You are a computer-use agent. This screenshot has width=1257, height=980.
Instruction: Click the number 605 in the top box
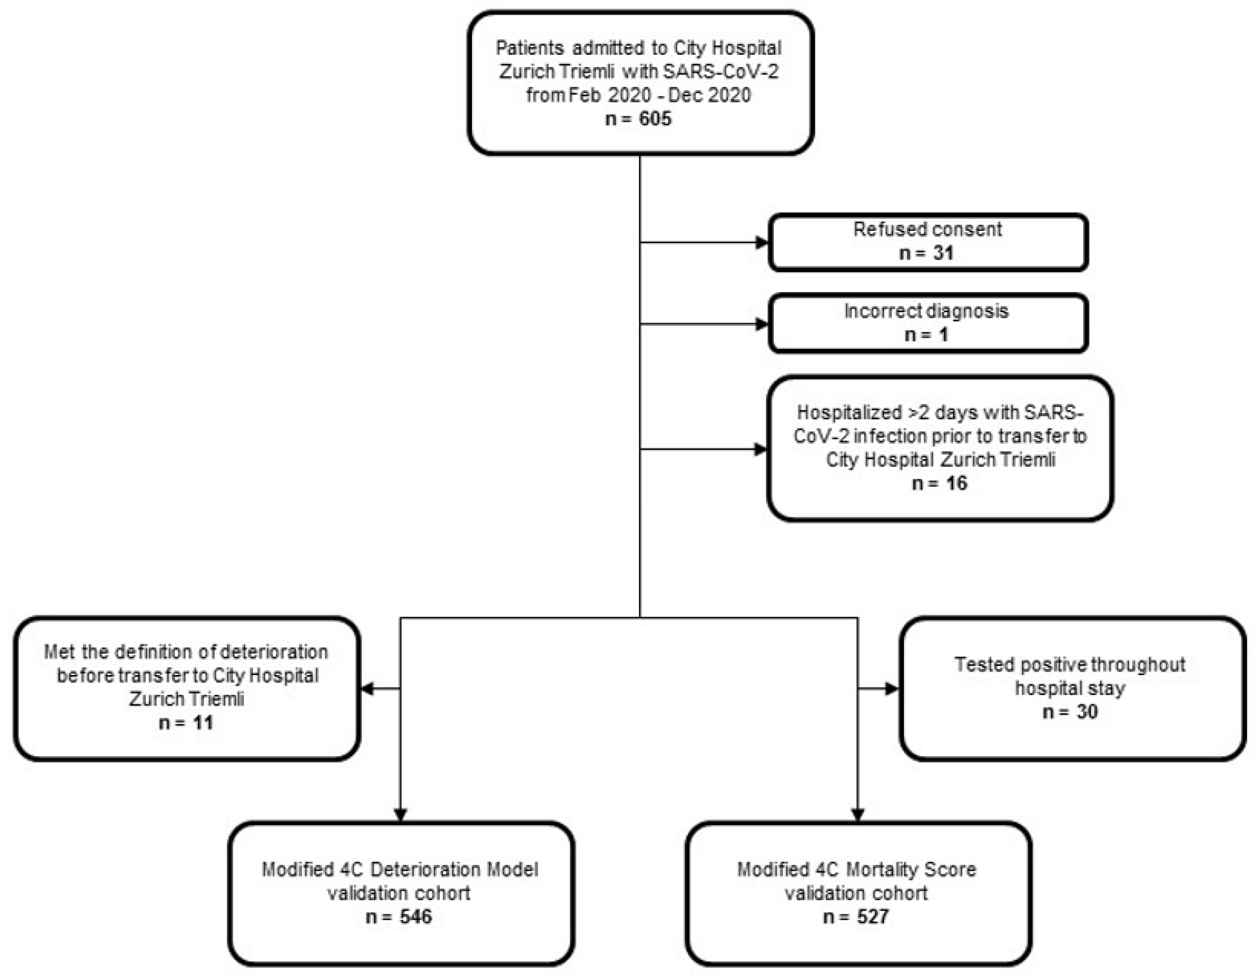(655, 118)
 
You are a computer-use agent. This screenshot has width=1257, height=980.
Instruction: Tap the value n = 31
(927, 253)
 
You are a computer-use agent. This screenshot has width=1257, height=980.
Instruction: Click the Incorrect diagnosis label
(926, 311)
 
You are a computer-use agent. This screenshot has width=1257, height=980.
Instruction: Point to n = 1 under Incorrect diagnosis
(927, 334)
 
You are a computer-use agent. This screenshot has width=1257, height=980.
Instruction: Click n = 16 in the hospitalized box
(939, 483)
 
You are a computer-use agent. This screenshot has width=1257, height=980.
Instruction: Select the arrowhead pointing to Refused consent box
(761, 242)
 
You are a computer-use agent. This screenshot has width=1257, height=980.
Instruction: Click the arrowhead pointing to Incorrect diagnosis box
(761, 324)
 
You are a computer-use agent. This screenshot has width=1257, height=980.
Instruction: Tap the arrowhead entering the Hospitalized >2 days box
(760, 449)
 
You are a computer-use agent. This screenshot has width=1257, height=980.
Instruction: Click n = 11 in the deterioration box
(186, 722)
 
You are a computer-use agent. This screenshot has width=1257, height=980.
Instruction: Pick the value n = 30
(1070, 712)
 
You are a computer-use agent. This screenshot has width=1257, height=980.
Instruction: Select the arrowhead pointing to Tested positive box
(892, 688)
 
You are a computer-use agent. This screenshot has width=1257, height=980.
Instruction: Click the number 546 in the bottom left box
(415, 916)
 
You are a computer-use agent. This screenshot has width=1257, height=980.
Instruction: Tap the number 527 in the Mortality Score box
(872, 916)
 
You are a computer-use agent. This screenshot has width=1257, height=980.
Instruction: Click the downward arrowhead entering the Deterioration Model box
(401, 815)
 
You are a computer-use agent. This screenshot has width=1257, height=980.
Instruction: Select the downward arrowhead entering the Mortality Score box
(858, 815)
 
